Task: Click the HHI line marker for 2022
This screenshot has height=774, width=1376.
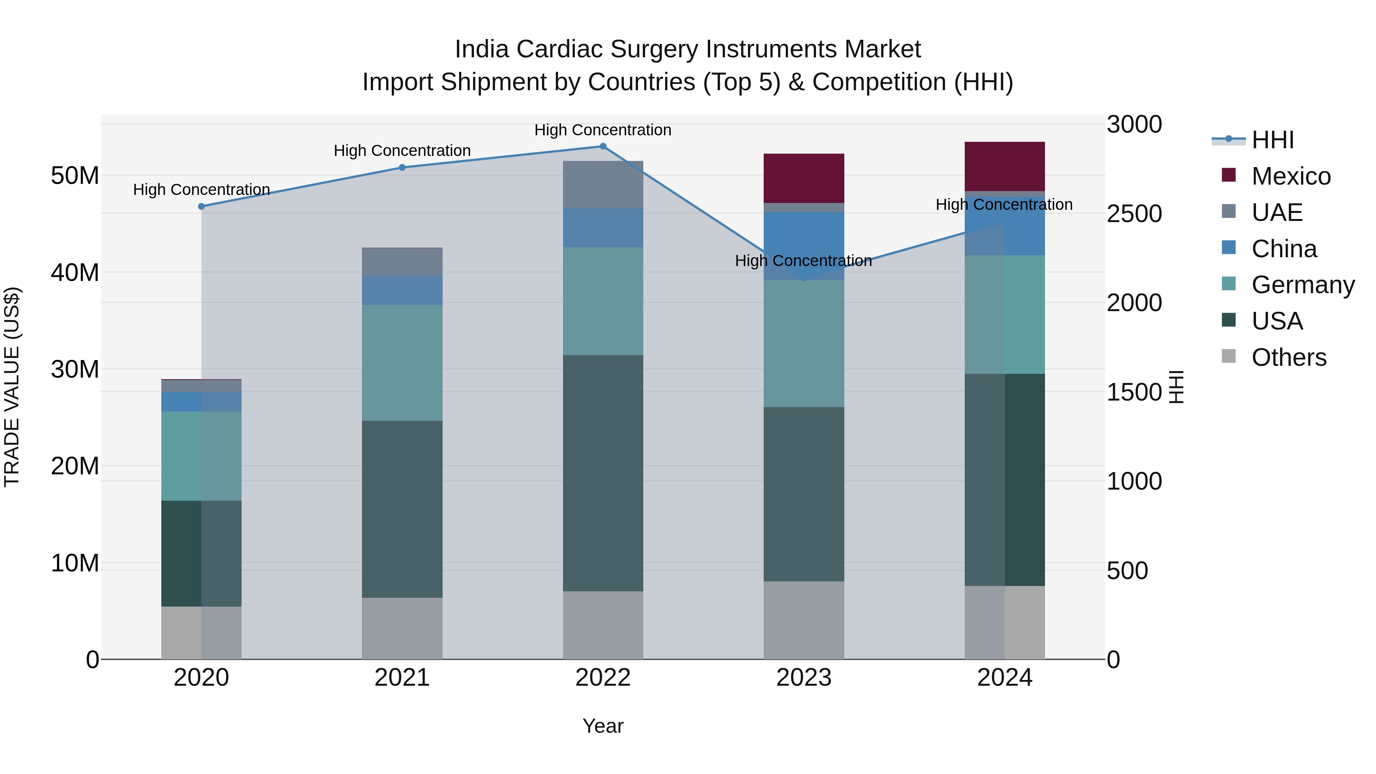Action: pos(603,146)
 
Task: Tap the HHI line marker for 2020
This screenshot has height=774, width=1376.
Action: pos(201,206)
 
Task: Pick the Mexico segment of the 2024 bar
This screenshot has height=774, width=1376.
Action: pos(1005,166)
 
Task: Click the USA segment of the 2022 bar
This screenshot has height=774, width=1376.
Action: pos(603,473)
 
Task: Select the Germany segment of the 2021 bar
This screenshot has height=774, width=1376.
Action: pos(402,363)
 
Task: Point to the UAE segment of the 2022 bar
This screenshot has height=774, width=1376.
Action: pos(603,184)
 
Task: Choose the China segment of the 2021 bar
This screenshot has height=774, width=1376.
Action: pos(402,290)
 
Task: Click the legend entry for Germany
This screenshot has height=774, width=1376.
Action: pos(1303,285)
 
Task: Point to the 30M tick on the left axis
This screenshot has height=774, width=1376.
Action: pos(75,369)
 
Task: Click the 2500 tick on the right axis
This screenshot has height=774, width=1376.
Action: pos(1134,214)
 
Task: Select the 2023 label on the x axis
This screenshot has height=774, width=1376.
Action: pos(804,678)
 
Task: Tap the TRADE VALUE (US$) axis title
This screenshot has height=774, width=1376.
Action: pos(12,387)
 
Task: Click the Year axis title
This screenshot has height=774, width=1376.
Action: pos(603,726)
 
